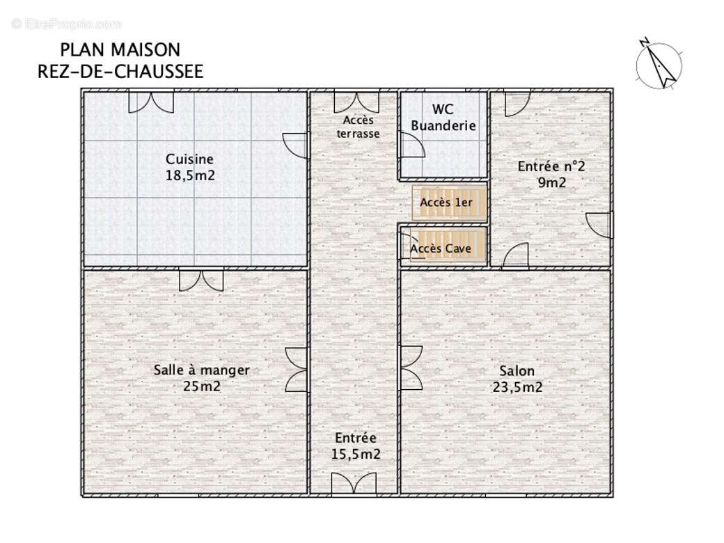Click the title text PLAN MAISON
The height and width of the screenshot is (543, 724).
tap(120, 50)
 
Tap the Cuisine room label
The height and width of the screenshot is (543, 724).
tap(189, 159)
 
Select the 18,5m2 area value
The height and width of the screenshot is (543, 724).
tap(190, 175)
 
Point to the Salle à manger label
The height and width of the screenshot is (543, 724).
tap(201, 370)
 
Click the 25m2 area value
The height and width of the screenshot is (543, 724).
tap(201, 386)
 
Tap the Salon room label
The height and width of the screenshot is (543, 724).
tap(517, 371)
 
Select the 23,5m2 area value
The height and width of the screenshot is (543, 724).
tap(517, 388)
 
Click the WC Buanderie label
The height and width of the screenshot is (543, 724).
tap(443, 118)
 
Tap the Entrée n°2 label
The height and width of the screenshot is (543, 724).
tap(551, 167)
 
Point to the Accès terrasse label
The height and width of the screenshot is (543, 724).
tap(358, 127)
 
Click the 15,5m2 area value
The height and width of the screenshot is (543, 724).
tap(356, 455)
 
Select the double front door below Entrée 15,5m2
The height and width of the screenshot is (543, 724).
tap(354, 484)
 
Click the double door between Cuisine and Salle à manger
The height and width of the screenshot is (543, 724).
tap(201, 279)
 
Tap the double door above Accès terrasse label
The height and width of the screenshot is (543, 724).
tap(356, 102)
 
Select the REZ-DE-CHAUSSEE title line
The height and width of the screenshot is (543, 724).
tap(120, 72)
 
